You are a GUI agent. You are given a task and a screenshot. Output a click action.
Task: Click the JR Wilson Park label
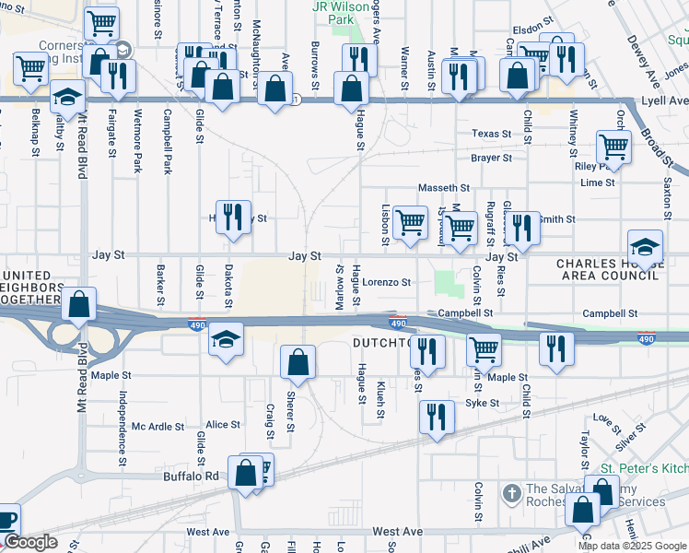[x=333, y=12]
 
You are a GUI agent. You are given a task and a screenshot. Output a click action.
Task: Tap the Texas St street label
[x=491, y=134]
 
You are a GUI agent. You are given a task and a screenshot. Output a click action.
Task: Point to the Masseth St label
[x=444, y=188]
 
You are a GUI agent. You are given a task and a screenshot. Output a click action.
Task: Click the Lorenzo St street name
[x=385, y=282]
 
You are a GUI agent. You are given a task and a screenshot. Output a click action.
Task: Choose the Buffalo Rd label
[x=198, y=477]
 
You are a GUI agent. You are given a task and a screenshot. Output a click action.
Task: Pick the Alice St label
[x=223, y=425]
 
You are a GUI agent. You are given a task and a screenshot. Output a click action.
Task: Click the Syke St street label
[x=482, y=403]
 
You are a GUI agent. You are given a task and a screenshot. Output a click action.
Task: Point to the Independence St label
[x=122, y=428]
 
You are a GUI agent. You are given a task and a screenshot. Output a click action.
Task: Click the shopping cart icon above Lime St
[x=613, y=146]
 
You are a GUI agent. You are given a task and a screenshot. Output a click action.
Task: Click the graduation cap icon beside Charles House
[x=646, y=246]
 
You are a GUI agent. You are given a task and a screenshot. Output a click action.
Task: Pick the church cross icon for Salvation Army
[x=511, y=493]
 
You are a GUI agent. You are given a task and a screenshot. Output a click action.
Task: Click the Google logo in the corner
[x=29, y=543]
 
